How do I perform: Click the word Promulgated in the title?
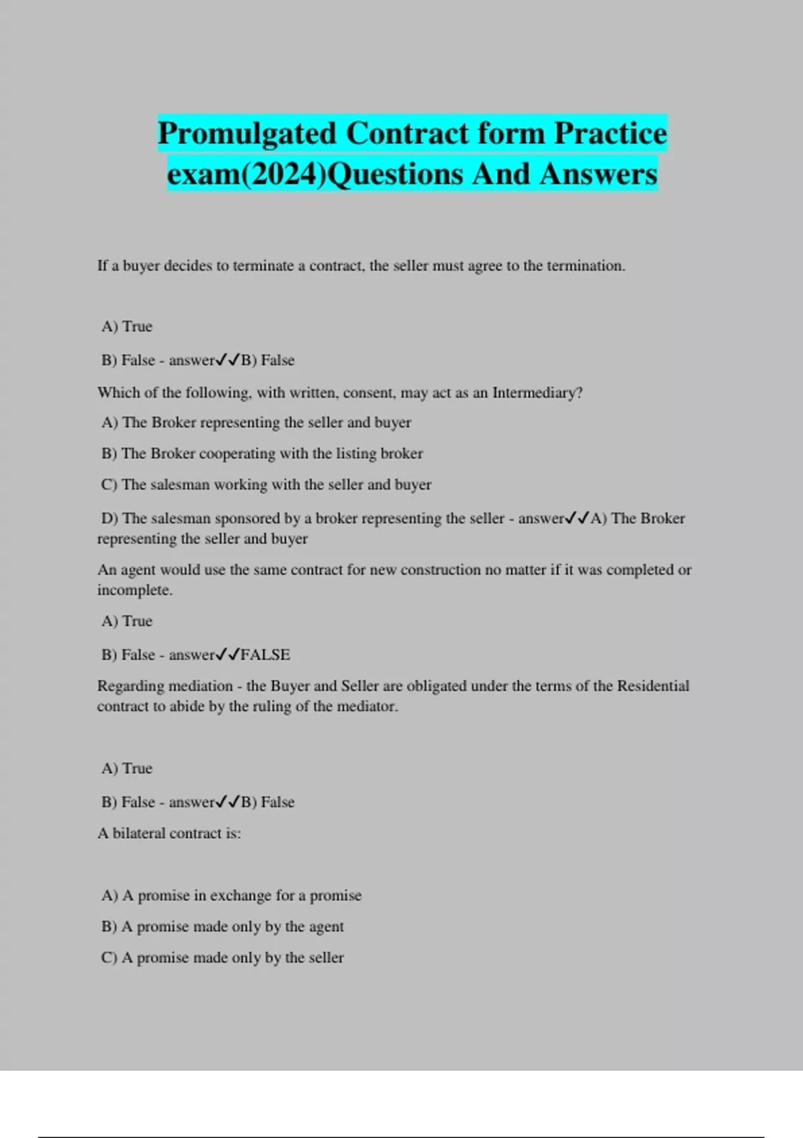pos(247,133)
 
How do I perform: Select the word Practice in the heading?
pos(610,133)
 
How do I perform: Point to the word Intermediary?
pos(537,393)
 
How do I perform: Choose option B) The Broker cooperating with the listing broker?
pos(262,454)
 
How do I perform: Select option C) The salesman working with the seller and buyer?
pos(266,485)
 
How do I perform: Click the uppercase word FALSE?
pos(265,655)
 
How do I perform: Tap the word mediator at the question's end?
pos(371,706)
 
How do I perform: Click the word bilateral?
pos(139,833)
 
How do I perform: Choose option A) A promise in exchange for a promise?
pos(232,896)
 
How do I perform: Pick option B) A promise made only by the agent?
pos(223,927)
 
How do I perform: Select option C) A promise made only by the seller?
pos(223,958)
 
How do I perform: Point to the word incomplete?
pos(135,590)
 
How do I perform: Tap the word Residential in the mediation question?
pos(652,686)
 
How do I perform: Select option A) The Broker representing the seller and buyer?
pos(256,423)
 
